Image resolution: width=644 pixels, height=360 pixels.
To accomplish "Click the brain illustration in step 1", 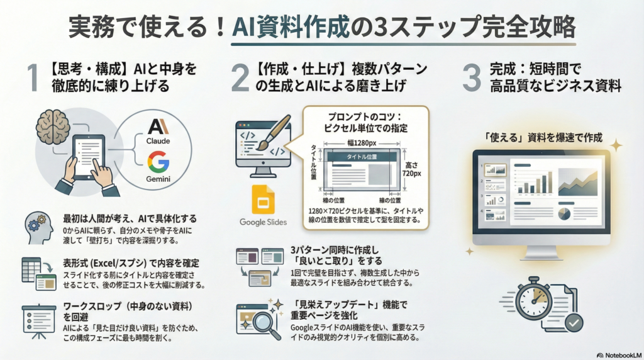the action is coord(53,127).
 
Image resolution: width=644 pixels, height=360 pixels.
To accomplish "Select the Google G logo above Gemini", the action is coord(158,162).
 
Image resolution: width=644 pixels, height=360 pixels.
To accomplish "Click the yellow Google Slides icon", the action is coord(263,200).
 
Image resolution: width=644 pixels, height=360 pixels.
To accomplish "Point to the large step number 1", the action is coord(33,77).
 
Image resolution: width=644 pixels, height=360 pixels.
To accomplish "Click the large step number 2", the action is coord(240,77).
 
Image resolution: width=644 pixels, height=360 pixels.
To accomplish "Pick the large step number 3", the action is coord(472,77).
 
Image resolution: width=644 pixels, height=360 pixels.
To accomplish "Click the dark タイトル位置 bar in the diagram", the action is coord(362,157).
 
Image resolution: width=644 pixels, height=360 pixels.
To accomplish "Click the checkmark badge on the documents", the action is coord(574,323).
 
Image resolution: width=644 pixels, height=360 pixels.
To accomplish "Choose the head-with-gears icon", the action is coord(38,228).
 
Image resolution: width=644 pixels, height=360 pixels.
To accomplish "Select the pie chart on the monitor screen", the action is coord(564,214).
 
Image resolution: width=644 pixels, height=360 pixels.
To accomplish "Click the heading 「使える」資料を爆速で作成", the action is coord(543,137).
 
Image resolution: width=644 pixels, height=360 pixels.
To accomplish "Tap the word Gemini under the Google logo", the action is coord(158,179).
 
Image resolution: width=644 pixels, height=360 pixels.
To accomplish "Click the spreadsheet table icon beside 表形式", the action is coord(31,269).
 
